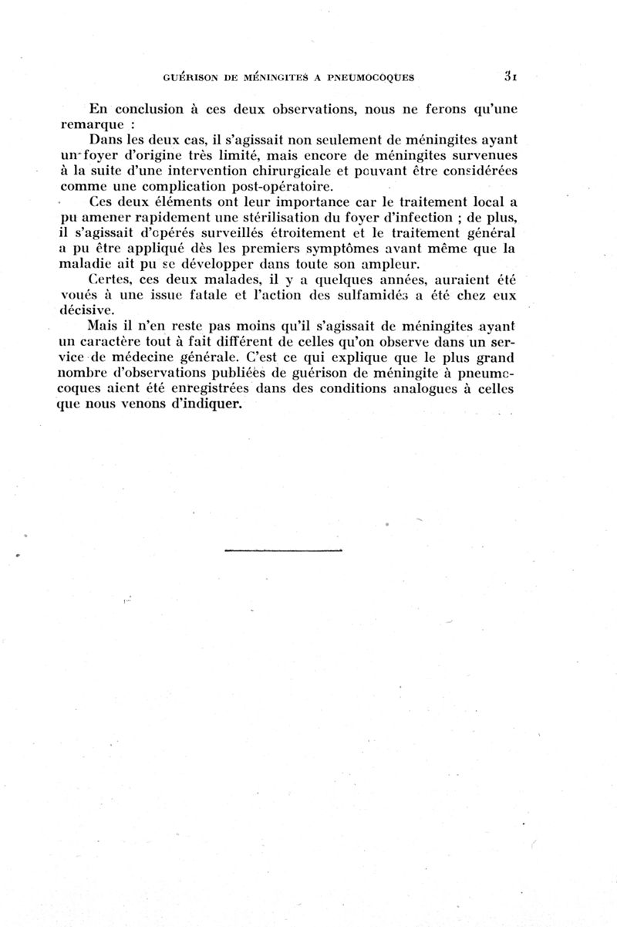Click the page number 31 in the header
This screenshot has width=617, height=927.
[x=510, y=76]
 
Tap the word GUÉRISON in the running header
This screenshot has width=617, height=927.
[x=192, y=77]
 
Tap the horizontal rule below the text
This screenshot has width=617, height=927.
[x=282, y=550]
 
